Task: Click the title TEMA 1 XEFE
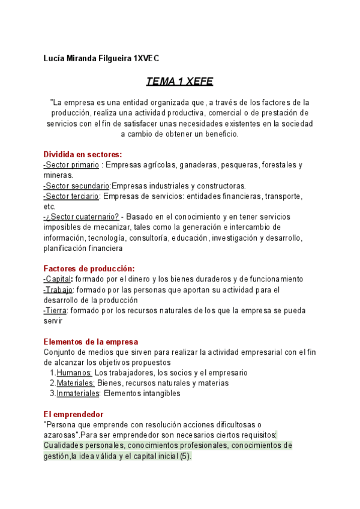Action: [x=179, y=82]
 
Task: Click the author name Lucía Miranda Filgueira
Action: [x=88, y=58]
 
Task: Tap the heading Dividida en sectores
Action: [x=83, y=154]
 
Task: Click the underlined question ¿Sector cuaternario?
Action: [x=82, y=217]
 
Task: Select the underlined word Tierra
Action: [x=56, y=310]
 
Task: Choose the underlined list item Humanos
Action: [x=74, y=373]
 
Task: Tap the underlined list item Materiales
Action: [x=76, y=383]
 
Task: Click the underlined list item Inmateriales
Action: [x=78, y=394]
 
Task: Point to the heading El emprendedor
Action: [x=73, y=414]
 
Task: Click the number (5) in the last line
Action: [x=185, y=456]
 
